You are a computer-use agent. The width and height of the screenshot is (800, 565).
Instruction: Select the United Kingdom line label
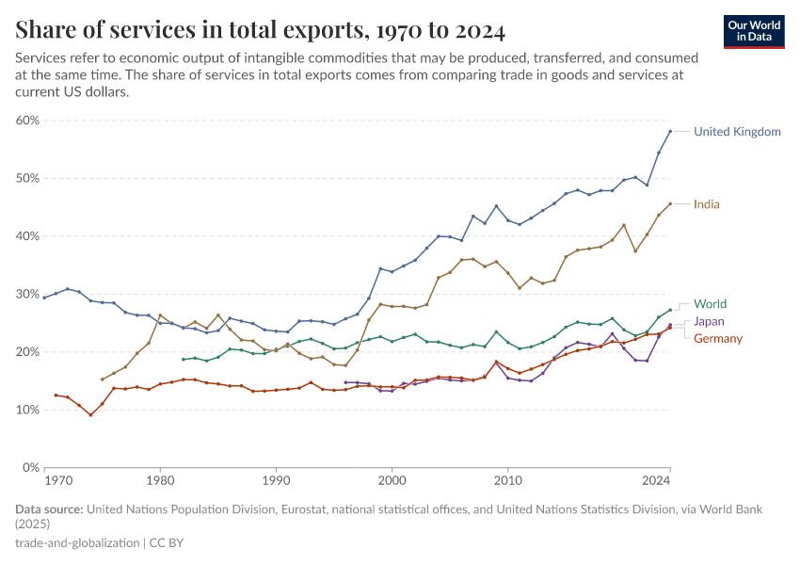coord(737,132)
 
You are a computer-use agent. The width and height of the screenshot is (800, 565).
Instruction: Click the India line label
coord(707,204)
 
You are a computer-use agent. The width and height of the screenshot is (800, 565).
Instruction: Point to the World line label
coord(710,304)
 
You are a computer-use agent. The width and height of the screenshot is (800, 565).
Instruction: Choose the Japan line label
coord(710,321)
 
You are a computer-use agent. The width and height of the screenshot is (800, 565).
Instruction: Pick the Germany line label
coord(718,339)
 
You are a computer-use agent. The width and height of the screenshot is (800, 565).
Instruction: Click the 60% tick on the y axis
coord(26,121)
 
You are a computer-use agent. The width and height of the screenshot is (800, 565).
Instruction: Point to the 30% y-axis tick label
coord(26,295)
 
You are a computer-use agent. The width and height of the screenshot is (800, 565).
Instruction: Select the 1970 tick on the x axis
coord(57,481)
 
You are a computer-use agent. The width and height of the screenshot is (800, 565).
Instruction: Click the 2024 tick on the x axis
coord(656,481)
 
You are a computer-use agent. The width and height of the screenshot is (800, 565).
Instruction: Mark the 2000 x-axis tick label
coord(391,481)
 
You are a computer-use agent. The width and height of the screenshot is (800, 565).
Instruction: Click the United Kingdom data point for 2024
coord(670,131)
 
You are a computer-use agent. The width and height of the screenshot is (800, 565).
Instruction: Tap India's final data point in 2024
coord(670,203)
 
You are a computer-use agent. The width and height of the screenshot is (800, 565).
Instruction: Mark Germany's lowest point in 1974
coord(90,414)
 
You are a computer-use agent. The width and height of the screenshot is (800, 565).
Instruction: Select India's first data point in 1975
coord(102,379)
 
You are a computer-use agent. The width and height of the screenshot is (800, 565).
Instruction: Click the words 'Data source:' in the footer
coord(49,509)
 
